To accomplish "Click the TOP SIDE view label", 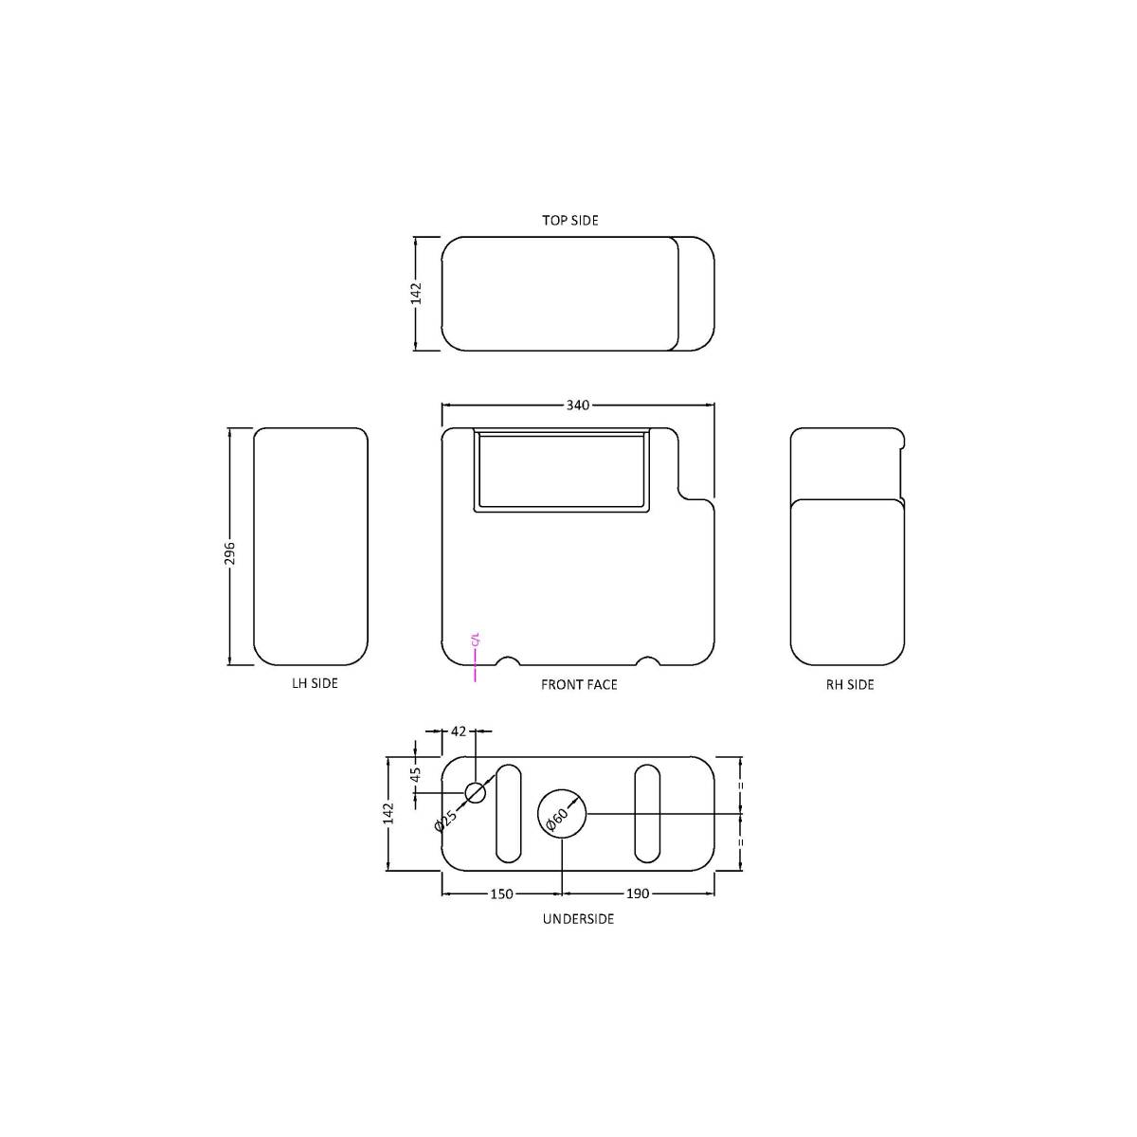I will tap(569, 220).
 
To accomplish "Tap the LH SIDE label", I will tap(315, 683).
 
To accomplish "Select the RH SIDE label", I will tap(850, 684).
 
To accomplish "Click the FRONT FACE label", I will tap(579, 684).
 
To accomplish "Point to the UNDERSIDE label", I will tap(578, 918).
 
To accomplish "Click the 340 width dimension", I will tap(578, 406).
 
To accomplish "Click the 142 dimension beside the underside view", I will tap(388, 813).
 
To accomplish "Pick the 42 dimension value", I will tap(459, 731).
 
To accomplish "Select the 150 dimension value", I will tap(501, 893).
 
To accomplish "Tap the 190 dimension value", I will tap(638, 893).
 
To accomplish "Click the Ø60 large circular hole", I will tap(562, 813).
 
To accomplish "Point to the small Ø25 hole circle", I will tap(475, 792).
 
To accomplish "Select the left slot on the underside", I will tap(509, 813).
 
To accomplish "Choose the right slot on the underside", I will tap(647, 813).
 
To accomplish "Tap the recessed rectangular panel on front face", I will tap(563, 470).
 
